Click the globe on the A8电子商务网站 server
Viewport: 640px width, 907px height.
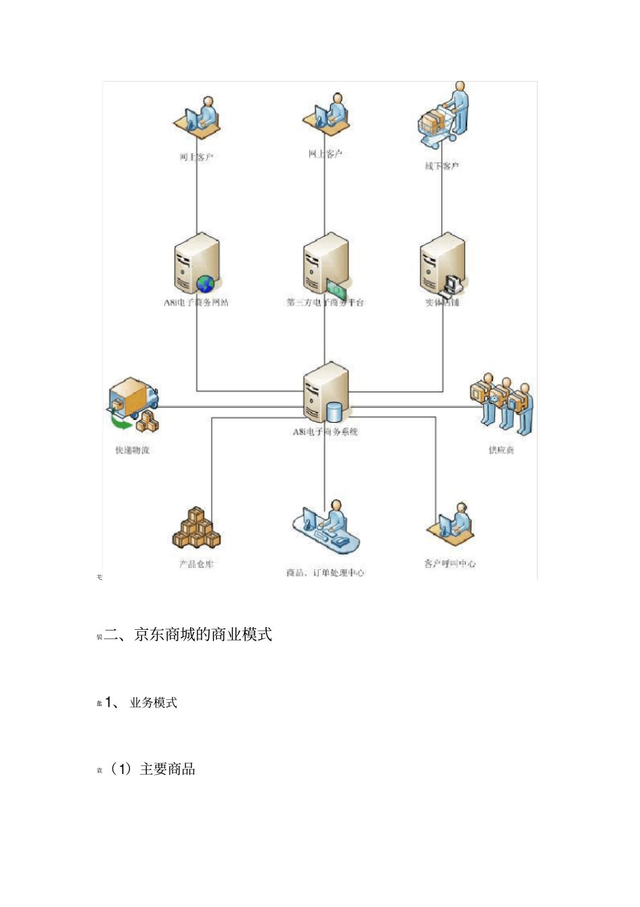click(205, 284)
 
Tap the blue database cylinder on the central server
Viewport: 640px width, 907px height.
click(334, 411)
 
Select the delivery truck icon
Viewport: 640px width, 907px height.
click(133, 398)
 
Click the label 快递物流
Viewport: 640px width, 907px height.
click(132, 450)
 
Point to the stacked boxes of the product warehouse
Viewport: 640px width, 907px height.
click(196, 529)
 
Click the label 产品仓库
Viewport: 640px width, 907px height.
click(197, 564)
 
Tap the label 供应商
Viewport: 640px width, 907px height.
click(501, 450)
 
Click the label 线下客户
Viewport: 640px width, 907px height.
click(442, 166)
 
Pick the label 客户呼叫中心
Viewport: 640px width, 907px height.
click(449, 563)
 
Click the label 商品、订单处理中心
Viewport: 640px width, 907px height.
click(325, 573)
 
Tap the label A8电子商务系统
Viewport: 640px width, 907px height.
click(325, 432)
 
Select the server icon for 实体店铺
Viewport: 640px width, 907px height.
click(441, 263)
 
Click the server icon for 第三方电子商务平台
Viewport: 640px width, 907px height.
click(325, 263)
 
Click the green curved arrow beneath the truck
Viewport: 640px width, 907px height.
click(122, 423)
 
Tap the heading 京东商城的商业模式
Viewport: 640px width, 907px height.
click(203, 635)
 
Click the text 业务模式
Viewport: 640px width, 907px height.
click(154, 703)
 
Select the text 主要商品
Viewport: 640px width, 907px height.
click(167, 769)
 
